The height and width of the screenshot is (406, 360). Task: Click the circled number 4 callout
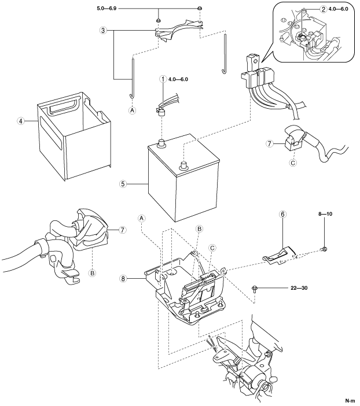tap(21, 121)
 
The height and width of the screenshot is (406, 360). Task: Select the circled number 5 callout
tap(123, 184)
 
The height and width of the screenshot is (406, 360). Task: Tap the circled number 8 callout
tap(123, 279)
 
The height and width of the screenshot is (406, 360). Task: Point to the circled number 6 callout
tap(282, 214)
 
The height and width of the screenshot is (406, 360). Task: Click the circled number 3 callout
tap(103, 31)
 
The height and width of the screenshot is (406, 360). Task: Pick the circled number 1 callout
tap(163, 79)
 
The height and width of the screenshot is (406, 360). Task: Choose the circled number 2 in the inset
tap(323, 9)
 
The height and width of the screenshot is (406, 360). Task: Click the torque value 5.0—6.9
tap(106, 9)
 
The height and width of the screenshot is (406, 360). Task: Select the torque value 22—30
tap(299, 288)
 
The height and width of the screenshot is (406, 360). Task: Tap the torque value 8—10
tap(325, 214)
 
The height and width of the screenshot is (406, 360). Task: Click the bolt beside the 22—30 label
tap(255, 289)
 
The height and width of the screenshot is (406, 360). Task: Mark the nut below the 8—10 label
tap(325, 249)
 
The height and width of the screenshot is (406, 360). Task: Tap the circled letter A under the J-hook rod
tap(133, 110)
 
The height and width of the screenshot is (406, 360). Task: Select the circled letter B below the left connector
tap(92, 273)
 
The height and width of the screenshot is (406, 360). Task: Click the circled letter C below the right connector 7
tap(293, 163)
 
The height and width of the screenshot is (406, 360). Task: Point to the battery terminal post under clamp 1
tap(161, 143)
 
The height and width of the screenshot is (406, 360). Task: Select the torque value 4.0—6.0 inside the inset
tap(338, 9)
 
